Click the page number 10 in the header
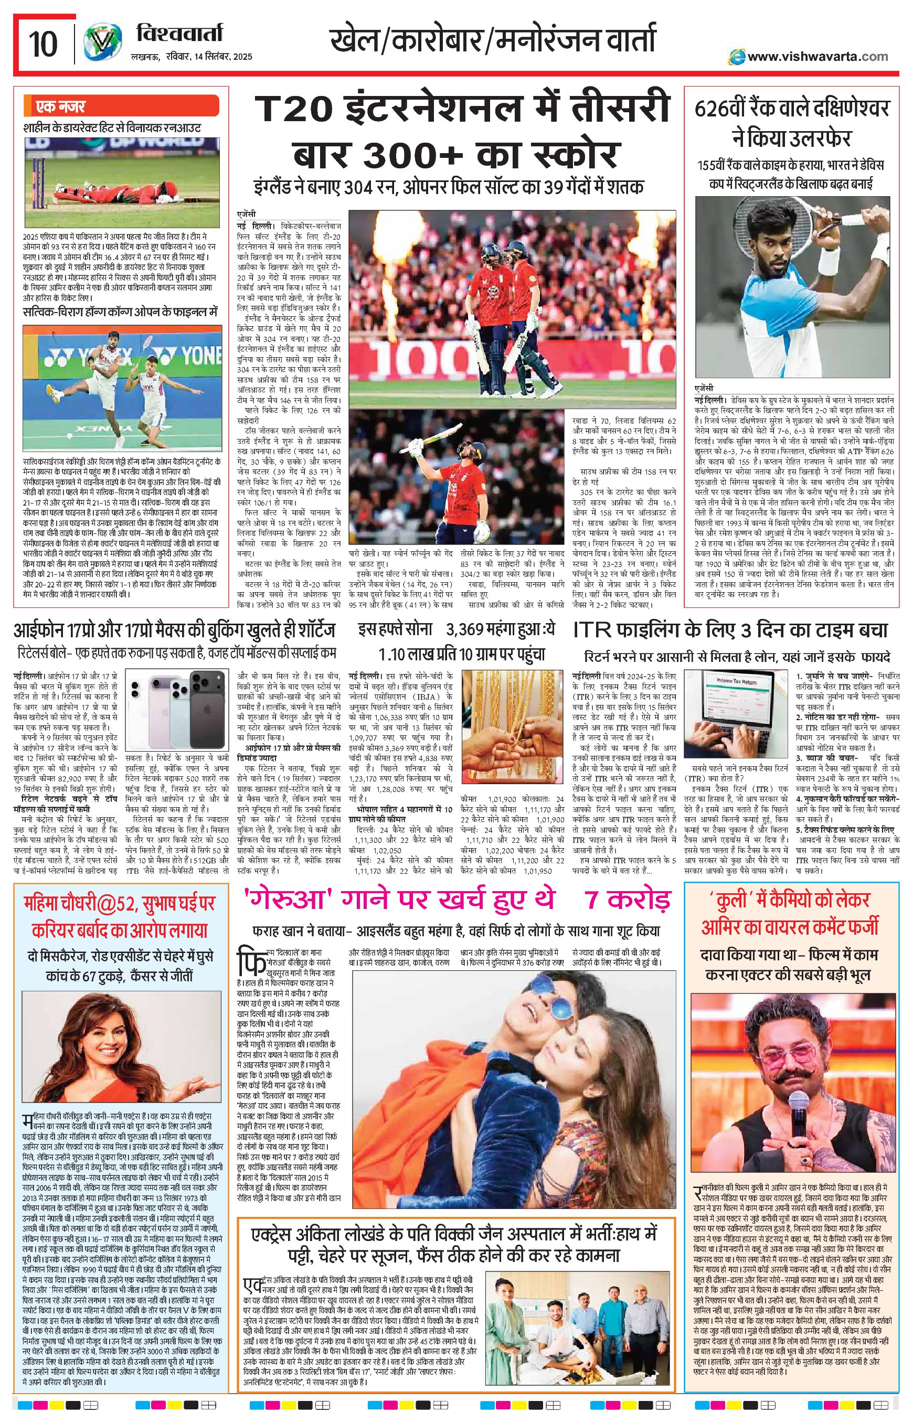[43, 43]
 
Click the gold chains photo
[513, 711]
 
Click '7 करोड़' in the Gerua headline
[629, 900]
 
